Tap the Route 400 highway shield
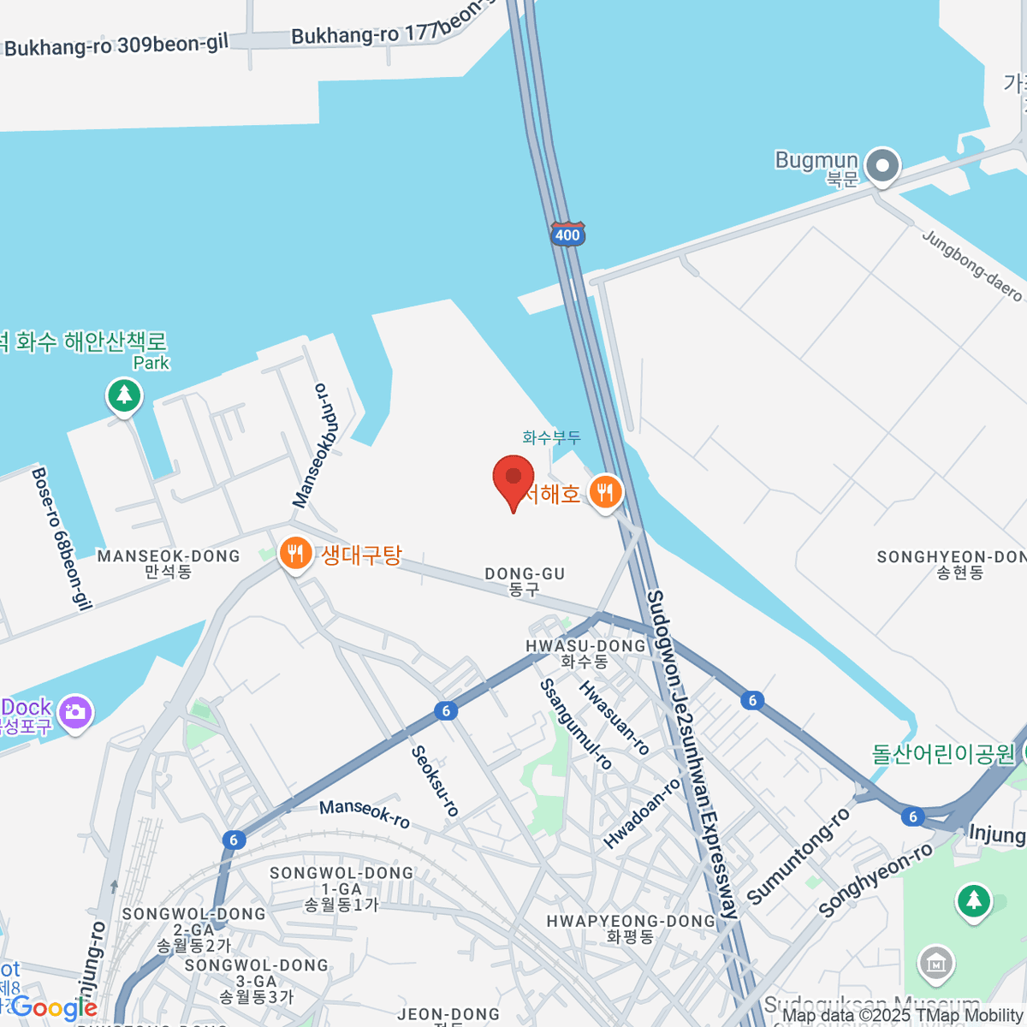pyautogui.click(x=567, y=234)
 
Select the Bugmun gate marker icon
pyautogui.click(x=882, y=165)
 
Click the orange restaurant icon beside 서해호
pyautogui.click(x=606, y=492)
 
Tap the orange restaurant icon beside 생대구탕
pyautogui.click(x=294, y=555)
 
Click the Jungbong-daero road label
pyautogui.click(x=972, y=265)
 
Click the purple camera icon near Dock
pyautogui.click(x=75, y=712)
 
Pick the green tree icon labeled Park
pyautogui.click(x=124, y=395)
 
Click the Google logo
pyautogui.click(x=53, y=1008)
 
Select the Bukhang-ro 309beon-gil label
pyautogui.click(x=116, y=45)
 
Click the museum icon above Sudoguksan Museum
pyautogui.click(x=936, y=964)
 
